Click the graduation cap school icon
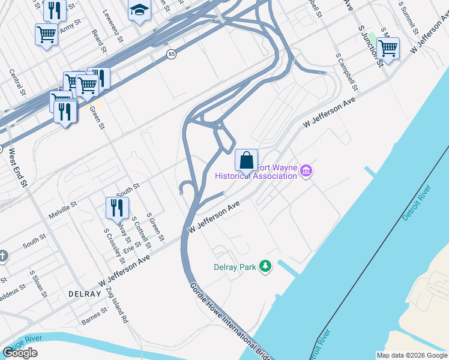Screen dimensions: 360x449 [x=139, y=11]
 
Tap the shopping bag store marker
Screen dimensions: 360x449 [x=246, y=161]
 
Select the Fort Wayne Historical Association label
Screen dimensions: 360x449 [x=256, y=172]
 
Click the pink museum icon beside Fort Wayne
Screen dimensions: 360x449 [x=306, y=172]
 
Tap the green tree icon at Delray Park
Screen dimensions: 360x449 [x=265, y=266]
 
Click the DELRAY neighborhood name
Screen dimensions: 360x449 [x=84, y=294]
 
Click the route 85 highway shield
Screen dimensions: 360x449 [x=172, y=55]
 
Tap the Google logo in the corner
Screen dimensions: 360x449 [x=20, y=353]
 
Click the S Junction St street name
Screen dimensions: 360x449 [x=370, y=45]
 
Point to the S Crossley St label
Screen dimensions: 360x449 [x=114, y=247]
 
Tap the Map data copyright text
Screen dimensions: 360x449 [x=412, y=355]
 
